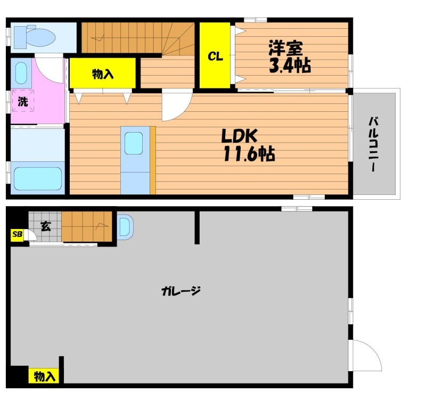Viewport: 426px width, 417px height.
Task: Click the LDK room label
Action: pos(239,136)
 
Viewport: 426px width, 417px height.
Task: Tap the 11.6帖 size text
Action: pos(249,154)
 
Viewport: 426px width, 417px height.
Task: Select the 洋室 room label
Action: pos(285,48)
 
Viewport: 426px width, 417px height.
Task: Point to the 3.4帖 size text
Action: pos(290,66)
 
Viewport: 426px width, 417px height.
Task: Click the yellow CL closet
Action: pos(215,55)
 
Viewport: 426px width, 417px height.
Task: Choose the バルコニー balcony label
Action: pos(374,144)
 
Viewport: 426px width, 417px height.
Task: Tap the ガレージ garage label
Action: pos(181,291)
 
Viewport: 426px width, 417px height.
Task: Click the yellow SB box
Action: pos(17,234)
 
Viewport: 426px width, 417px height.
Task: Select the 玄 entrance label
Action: pos(46,226)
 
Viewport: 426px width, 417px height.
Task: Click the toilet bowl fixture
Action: pos(35,37)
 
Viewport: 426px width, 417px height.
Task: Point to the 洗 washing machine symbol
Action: pos(23,101)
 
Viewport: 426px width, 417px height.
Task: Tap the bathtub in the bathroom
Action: pos(38,178)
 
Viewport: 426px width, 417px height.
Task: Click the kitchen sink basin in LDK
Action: pos(134,143)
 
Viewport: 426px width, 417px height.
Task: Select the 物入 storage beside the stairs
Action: pos(102,73)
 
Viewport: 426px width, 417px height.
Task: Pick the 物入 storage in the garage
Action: pos(44,375)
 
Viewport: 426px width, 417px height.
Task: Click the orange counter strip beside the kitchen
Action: pos(153,160)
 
